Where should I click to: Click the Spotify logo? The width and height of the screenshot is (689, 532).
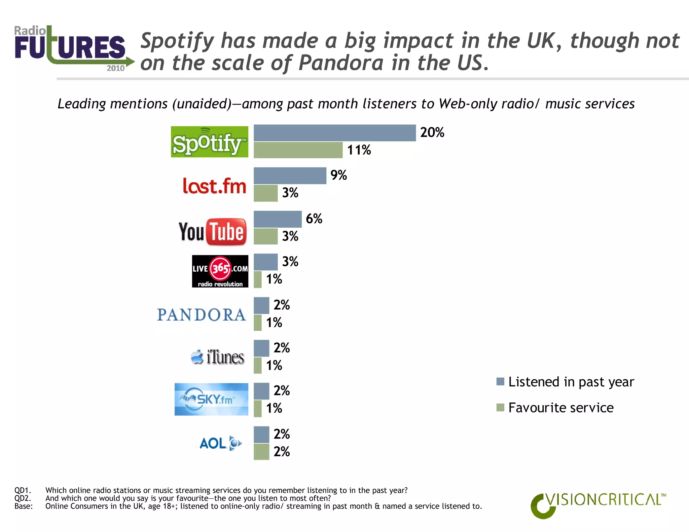click(x=209, y=142)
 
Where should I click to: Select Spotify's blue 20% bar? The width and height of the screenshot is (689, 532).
click(x=334, y=133)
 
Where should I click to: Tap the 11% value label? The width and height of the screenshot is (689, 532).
click(x=359, y=150)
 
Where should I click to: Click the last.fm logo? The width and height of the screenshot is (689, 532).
click(x=214, y=186)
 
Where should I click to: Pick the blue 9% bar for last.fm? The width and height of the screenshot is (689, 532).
click(x=290, y=176)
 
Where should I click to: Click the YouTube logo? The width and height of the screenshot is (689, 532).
click(x=213, y=232)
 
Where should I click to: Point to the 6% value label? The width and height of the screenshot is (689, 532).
click(x=314, y=219)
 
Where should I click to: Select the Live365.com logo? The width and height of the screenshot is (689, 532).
click(x=220, y=271)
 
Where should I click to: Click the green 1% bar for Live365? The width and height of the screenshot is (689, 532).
click(x=257, y=279)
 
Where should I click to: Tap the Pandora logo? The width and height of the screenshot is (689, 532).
click(x=201, y=315)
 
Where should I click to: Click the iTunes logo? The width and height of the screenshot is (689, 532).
click(x=218, y=357)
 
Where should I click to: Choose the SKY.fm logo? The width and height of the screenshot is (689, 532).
click(x=211, y=399)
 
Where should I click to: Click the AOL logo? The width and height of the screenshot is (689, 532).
click(x=220, y=443)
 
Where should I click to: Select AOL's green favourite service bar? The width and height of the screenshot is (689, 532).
click(x=261, y=452)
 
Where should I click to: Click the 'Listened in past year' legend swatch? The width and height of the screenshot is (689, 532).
click(x=500, y=381)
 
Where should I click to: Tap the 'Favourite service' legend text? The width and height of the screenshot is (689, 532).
click(x=560, y=408)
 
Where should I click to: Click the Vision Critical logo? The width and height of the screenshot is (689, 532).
click(x=598, y=504)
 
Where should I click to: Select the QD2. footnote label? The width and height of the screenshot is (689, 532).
click(x=23, y=498)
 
